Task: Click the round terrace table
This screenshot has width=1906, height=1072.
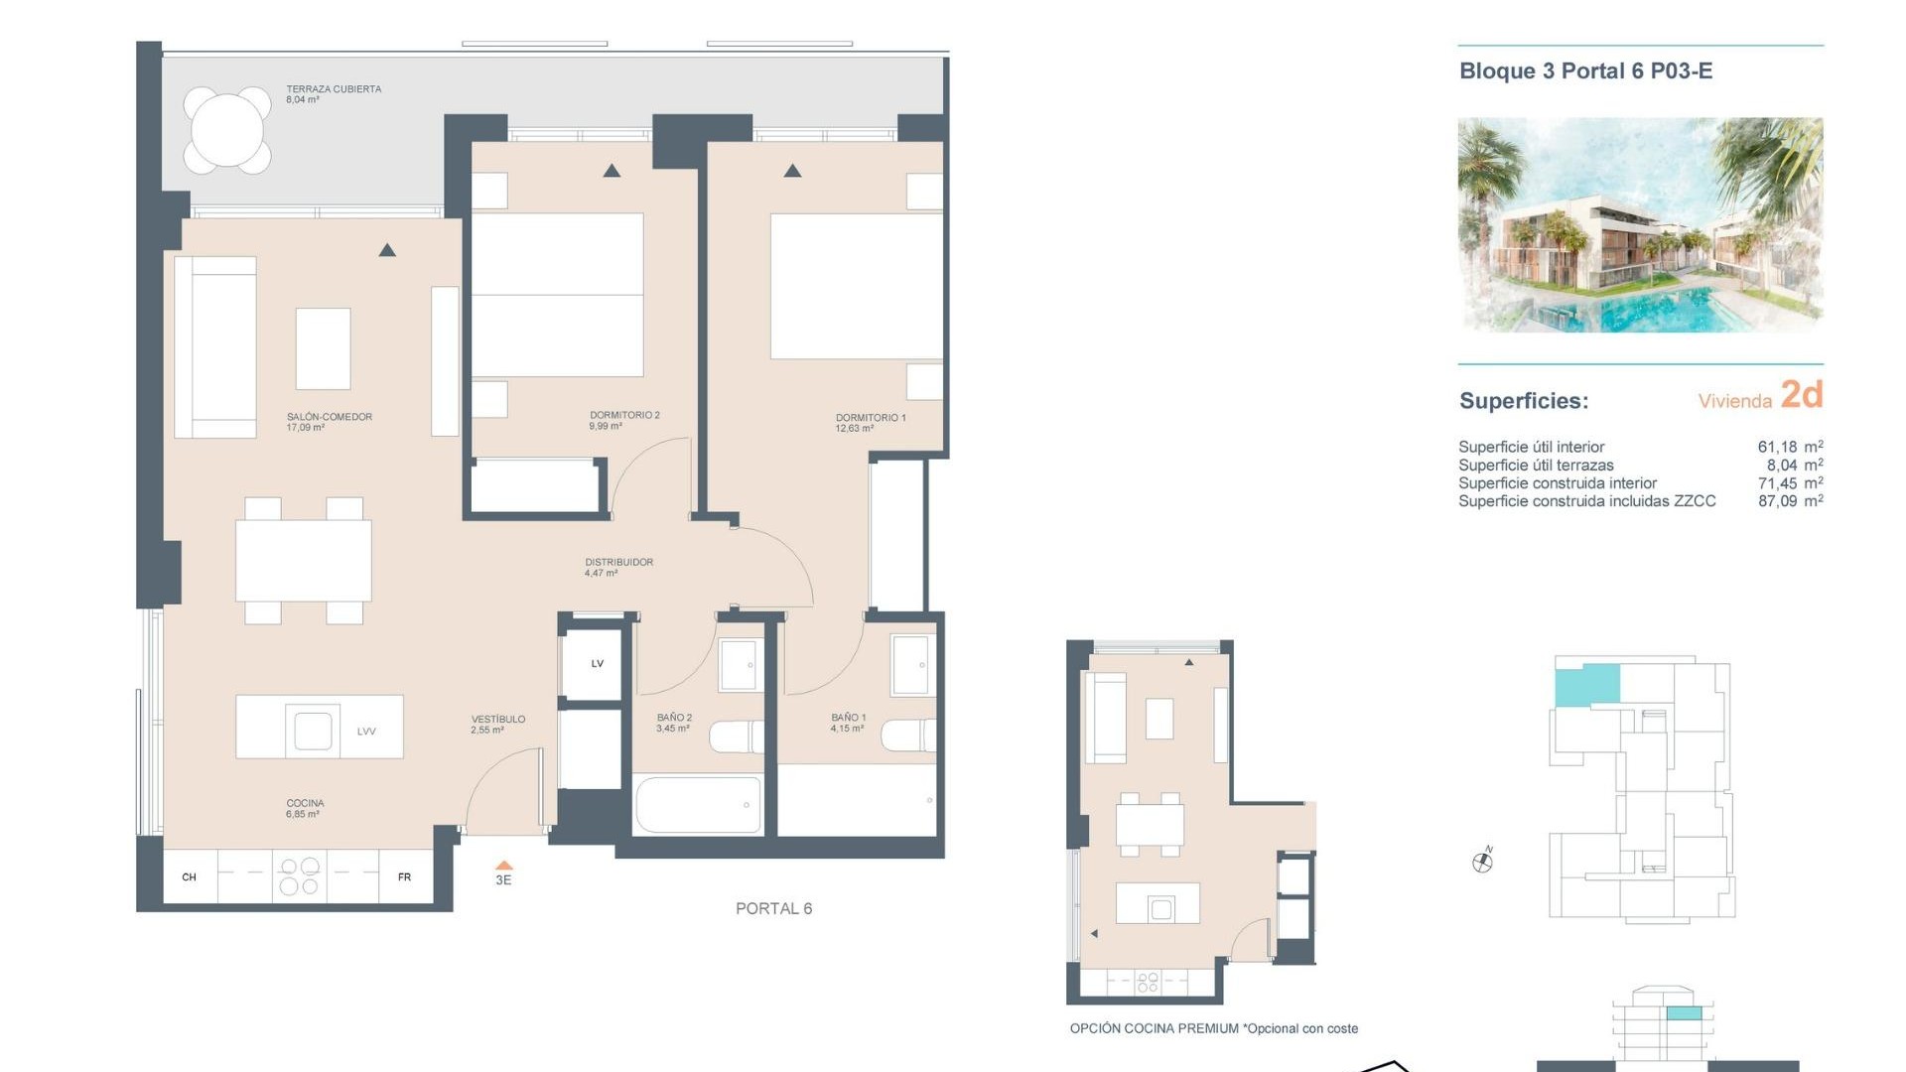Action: tap(227, 130)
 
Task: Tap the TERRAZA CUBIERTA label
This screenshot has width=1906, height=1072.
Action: tap(334, 89)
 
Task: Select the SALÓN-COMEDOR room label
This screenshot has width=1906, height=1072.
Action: tap(329, 417)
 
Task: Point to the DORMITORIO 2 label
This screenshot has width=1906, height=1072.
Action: tap(624, 415)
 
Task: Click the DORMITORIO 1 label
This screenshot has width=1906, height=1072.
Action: tap(871, 418)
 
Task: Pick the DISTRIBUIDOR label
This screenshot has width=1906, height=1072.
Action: tap(618, 562)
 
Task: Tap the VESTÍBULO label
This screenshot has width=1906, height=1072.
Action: tap(498, 719)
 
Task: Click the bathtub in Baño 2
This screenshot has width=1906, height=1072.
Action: tap(698, 804)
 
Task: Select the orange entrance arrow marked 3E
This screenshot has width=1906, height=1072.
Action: tap(504, 867)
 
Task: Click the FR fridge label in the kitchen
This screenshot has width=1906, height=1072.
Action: tap(404, 877)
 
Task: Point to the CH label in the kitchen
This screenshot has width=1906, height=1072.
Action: tap(190, 877)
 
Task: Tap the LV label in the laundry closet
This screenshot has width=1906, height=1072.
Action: tap(598, 664)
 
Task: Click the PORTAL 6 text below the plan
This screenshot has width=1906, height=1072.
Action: tap(773, 908)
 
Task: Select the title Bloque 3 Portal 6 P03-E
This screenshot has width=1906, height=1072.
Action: tap(1585, 71)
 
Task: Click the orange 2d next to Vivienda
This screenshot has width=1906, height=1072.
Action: tap(1801, 395)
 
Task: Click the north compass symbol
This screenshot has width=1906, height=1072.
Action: tap(1482, 862)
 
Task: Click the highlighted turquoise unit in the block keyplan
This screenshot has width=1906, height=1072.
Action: tap(1586, 685)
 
